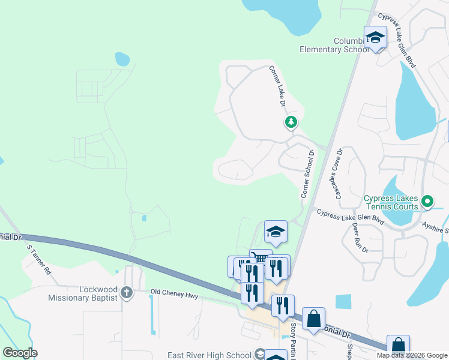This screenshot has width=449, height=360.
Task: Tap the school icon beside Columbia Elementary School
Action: (376, 37)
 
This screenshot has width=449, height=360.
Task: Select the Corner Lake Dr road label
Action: (277, 86)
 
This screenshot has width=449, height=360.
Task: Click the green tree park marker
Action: (291, 122)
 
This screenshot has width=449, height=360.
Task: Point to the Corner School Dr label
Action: (307, 174)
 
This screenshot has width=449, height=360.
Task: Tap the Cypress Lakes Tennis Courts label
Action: (391, 202)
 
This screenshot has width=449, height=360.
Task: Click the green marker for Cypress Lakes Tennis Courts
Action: (427, 201)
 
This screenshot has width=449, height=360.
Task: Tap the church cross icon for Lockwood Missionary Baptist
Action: (126, 293)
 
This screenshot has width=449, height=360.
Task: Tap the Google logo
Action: (20, 353)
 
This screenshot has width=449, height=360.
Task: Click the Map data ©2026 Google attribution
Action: (412, 355)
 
